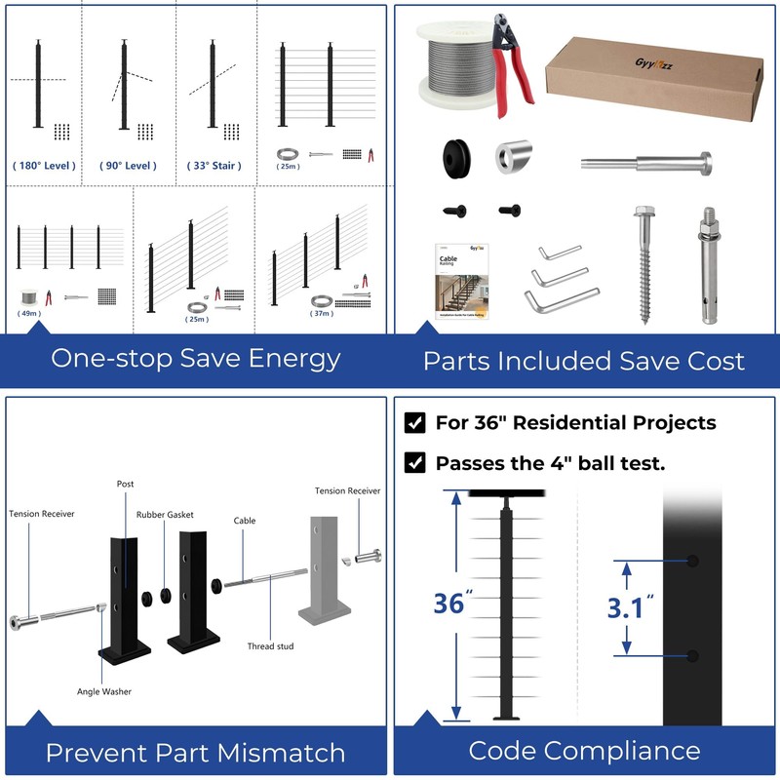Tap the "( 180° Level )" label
pyautogui.click(x=44, y=166)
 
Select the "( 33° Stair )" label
pyautogui.click(x=214, y=166)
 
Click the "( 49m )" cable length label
pyautogui.click(x=30, y=314)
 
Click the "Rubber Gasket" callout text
pyautogui.click(x=165, y=515)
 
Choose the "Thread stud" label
pyautogui.click(x=270, y=646)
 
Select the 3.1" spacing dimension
pyautogui.click(x=630, y=608)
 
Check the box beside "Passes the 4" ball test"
pyautogui.click(x=414, y=463)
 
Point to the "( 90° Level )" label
pyautogui.click(x=129, y=166)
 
